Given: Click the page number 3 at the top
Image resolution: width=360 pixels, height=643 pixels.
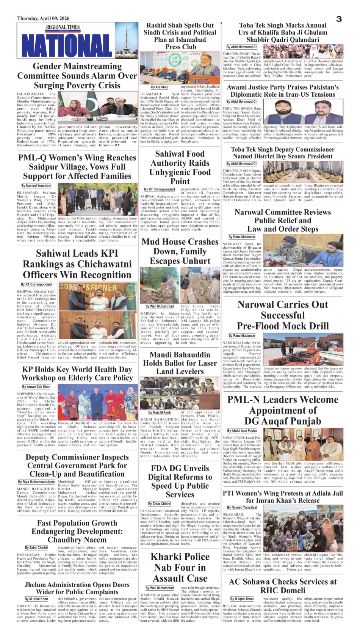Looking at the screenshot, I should pyautogui.click(x=339, y=19).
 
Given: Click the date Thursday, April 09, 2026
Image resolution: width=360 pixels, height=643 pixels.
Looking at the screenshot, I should pyautogui.click(x=43, y=18).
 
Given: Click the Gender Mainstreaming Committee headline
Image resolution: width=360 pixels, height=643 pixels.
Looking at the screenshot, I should pyautogui.click(x=77, y=76).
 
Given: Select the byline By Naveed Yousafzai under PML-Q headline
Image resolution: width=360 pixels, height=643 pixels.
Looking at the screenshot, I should pyautogui.click(x=36, y=186).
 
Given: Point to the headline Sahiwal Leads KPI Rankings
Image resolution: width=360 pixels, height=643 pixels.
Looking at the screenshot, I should pyautogui.click(x=77, y=264).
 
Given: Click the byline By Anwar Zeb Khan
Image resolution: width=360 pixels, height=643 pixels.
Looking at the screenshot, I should pyautogui.click(x=36, y=387).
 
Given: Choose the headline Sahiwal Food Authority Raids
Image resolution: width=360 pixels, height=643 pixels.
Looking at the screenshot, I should pyautogui.click(x=180, y=167).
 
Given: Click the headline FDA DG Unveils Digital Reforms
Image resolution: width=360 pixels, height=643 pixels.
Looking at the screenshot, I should pyautogui.click(x=180, y=481).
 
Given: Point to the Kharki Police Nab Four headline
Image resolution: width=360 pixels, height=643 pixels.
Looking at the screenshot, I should pyautogui.click(x=180, y=567).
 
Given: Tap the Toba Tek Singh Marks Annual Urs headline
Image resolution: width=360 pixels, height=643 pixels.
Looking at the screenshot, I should pyautogui.click(x=283, y=32).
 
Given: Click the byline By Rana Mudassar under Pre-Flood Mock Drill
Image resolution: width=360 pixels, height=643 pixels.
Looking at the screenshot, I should pyautogui.click(x=242, y=336).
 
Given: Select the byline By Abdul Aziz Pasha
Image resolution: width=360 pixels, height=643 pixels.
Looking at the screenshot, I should pyautogui.click(x=242, y=431).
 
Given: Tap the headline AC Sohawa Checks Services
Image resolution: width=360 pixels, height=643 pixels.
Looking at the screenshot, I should pyautogui.click(x=283, y=586).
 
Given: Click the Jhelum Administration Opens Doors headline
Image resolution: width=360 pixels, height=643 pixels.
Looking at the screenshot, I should pyautogui.click(x=77, y=588).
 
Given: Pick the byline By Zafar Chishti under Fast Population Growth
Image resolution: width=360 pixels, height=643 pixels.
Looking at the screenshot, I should pyautogui.click(x=36, y=547).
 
